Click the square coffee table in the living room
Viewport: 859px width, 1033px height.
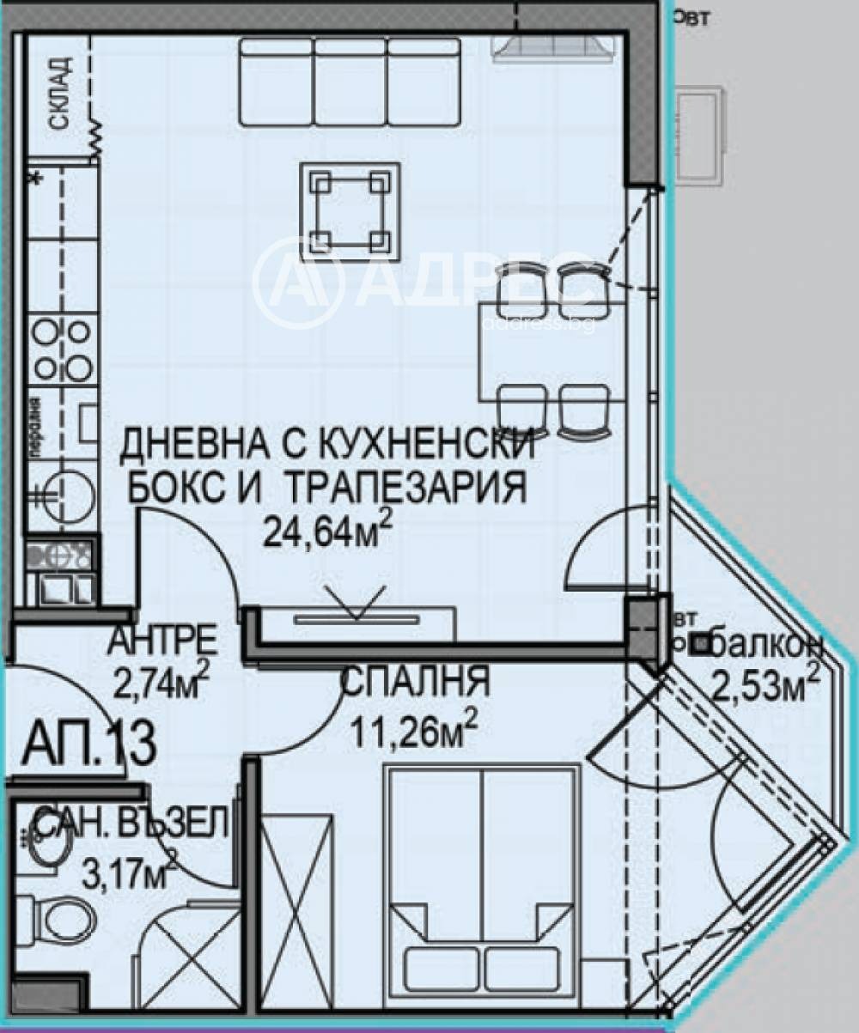click(350, 210)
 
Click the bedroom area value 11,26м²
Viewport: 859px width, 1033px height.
click(413, 732)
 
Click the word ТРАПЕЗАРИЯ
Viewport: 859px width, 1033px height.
click(405, 489)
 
